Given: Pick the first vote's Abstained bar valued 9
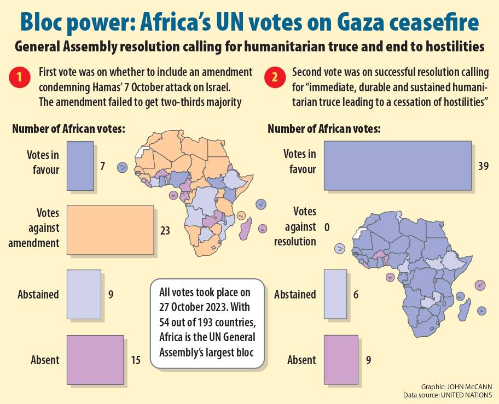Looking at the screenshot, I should [x=84, y=294].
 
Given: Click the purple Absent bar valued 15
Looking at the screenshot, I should [x=95, y=360].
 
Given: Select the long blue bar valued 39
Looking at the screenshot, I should [x=398, y=165].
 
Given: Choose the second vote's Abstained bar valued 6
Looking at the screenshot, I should [x=335, y=294].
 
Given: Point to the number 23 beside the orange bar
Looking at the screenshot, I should [x=165, y=231].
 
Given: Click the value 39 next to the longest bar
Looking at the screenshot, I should [x=483, y=166].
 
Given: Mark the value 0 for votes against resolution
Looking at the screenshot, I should [x=327, y=226].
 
